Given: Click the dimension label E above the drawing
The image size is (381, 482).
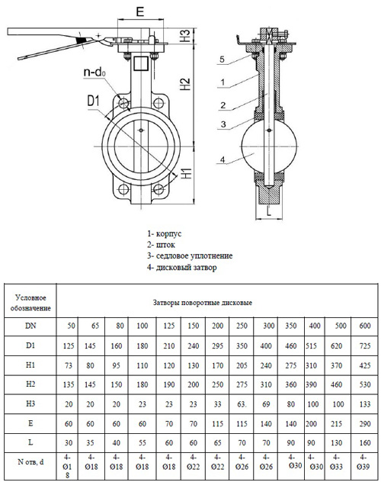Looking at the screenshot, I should [139, 12].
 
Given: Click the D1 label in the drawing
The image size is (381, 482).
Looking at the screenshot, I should [93, 100].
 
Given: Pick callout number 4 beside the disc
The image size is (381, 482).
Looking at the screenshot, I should [221, 159].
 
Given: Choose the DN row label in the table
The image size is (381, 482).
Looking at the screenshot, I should [30, 326].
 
